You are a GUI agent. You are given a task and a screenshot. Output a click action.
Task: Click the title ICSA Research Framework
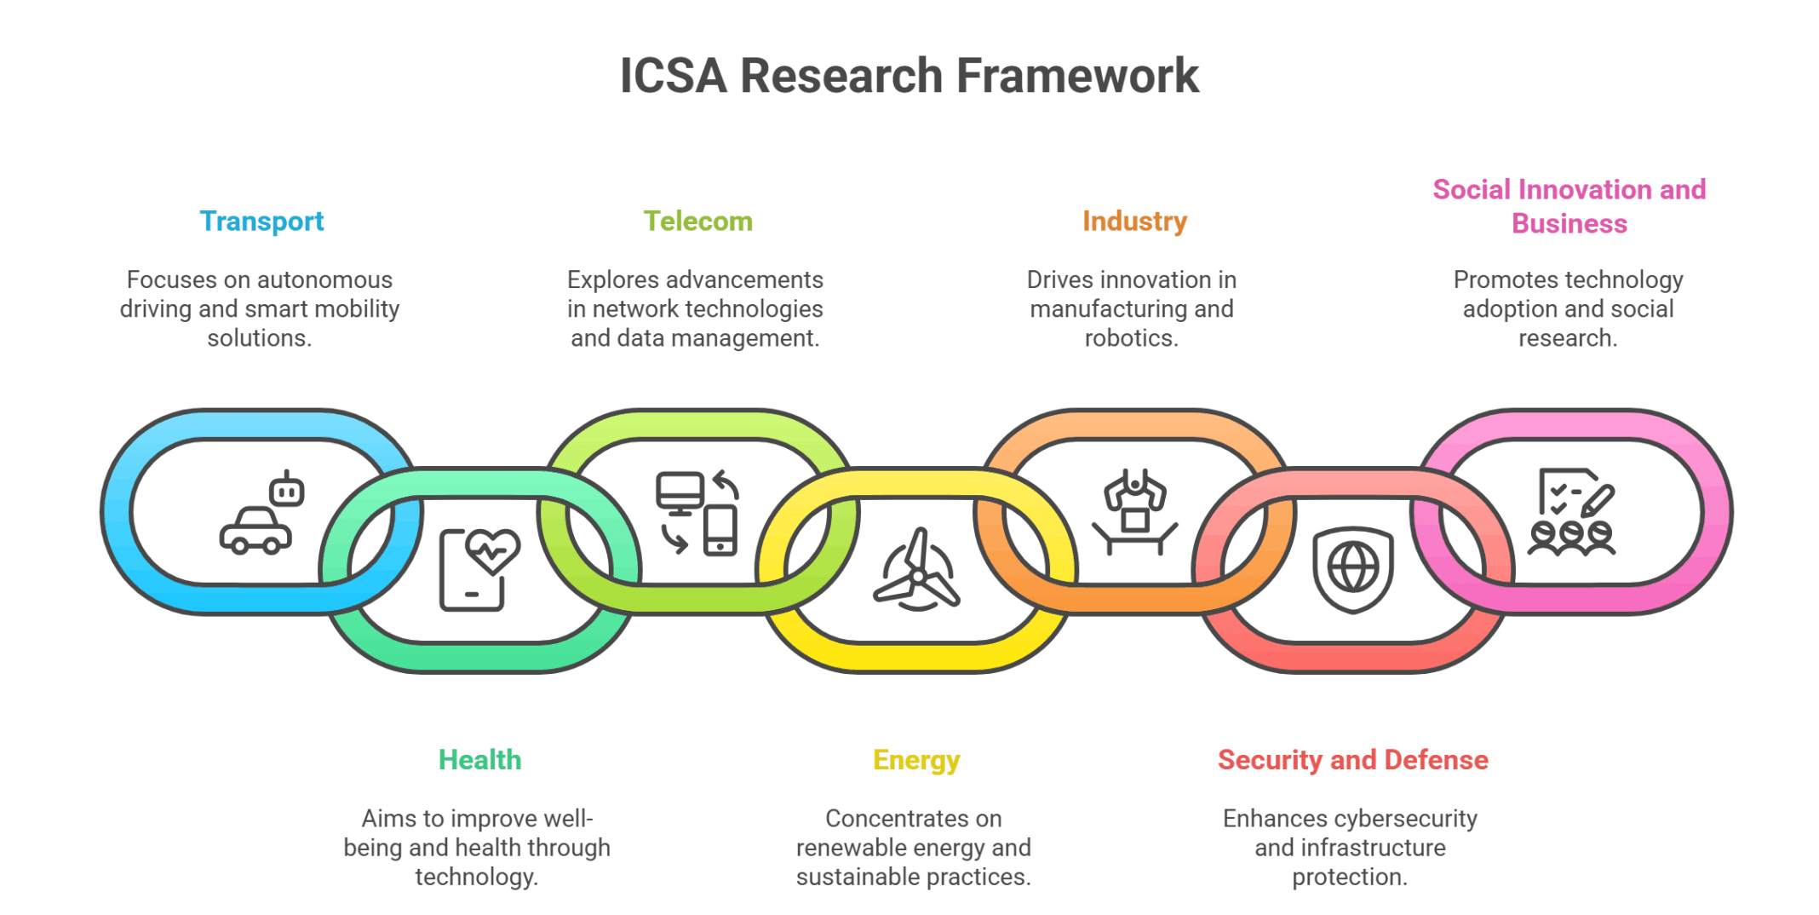pyautogui.click(x=909, y=76)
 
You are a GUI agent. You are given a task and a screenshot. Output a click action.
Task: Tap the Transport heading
pyautogui.click(x=261, y=222)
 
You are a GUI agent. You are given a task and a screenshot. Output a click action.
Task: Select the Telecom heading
pyautogui.click(x=697, y=222)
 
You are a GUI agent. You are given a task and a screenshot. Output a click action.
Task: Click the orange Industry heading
pyautogui.click(x=1134, y=222)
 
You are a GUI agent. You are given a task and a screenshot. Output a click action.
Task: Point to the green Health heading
pyautogui.click(x=479, y=760)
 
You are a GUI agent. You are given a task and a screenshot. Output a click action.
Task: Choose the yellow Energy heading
pyautogui.click(x=916, y=760)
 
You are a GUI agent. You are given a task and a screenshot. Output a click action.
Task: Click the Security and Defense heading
pyautogui.click(x=1352, y=760)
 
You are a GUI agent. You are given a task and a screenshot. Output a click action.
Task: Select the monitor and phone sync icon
pyautogui.click(x=697, y=513)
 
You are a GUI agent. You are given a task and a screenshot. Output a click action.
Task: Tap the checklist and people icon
pyautogui.click(x=1571, y=513)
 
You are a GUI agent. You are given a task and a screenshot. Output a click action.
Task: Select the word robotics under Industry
pyautogui.click(x=1131, y=338)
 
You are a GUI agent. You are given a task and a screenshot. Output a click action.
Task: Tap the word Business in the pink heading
pyautogui.click(x=1569, y=224)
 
